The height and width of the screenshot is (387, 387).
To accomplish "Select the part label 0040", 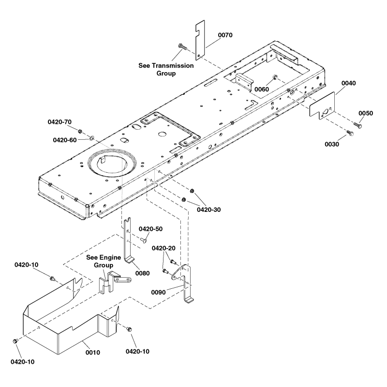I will (x=348, y=84).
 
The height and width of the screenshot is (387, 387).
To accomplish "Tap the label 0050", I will (x=366, y=113).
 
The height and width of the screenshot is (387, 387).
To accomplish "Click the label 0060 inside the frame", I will (x=262, y=89).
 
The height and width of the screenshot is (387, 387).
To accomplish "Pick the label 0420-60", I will (x=64, y=140).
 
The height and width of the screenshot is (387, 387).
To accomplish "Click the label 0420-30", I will (x=208, y=209).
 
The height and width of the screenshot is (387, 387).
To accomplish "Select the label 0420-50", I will (x=151, y=229).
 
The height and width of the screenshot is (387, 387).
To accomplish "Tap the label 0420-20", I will (x=164, y=248).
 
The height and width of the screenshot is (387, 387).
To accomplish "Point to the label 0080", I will (x=143, y=273).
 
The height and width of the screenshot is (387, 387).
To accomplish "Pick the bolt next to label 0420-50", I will (x=145, y=239).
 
